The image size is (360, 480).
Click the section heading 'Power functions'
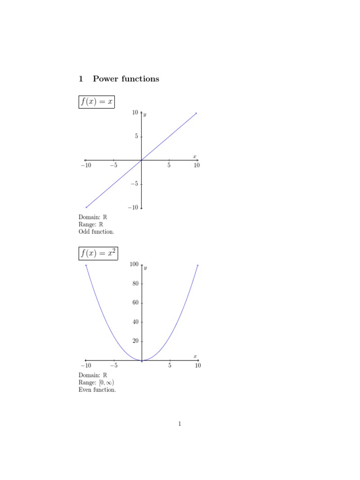126,79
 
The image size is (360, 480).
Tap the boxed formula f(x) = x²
98,253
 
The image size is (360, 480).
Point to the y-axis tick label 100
134,264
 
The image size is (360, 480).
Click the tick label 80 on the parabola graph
135,284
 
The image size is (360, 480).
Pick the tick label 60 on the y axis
135,303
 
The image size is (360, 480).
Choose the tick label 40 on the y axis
135,322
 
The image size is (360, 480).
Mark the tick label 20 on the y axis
135,341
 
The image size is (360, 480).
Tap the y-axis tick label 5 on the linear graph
136,136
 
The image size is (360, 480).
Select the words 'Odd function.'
96,232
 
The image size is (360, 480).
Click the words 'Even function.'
97,390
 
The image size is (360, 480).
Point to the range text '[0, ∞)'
106,382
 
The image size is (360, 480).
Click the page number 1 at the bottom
180,424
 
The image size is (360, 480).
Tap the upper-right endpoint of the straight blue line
196,113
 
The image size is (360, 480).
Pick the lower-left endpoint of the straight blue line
86,207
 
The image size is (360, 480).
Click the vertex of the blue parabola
142,360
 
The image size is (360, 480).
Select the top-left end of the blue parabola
86,265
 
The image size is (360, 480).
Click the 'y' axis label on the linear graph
145,114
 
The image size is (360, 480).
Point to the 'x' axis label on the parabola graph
195,356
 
